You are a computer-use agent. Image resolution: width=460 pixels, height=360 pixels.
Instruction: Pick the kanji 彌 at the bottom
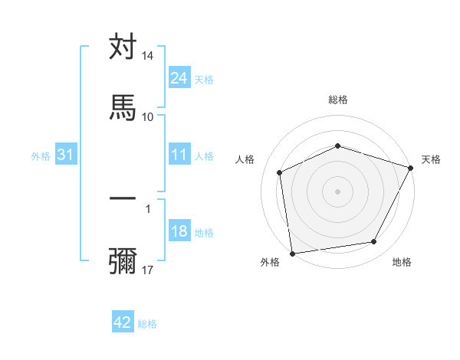point(123,260)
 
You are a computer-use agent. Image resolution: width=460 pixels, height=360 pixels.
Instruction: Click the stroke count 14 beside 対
point(148,57)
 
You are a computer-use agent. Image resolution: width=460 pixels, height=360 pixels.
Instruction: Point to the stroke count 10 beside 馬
point(148,116)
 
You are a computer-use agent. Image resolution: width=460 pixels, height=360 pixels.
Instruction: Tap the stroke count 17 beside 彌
point(148,270)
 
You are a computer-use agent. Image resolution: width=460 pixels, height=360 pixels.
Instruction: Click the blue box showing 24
point(179,77)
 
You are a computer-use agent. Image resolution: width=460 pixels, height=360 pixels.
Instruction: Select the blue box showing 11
point(179,155)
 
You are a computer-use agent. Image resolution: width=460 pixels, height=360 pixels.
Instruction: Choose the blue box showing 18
point(179,231)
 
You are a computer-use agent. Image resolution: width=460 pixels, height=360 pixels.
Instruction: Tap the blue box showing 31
point(66,155)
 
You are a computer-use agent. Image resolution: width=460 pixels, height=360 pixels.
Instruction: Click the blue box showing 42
point(123,322)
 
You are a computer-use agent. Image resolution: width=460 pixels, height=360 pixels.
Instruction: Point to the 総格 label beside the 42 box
point(147,324)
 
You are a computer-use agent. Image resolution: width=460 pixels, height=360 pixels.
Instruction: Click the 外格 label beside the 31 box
point(41,156)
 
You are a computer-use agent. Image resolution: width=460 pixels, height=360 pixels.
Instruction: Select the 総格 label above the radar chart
point(338,100)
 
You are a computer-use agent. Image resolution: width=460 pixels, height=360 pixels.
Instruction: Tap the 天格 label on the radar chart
point(431,159)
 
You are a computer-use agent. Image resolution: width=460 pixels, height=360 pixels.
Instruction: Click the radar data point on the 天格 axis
point(410,168)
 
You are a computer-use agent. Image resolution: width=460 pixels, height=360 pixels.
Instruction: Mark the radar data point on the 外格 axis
point(292,253)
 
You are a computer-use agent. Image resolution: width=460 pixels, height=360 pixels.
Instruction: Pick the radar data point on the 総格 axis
point(337,146)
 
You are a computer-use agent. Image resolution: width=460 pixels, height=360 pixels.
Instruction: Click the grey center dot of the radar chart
point(337,191)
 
